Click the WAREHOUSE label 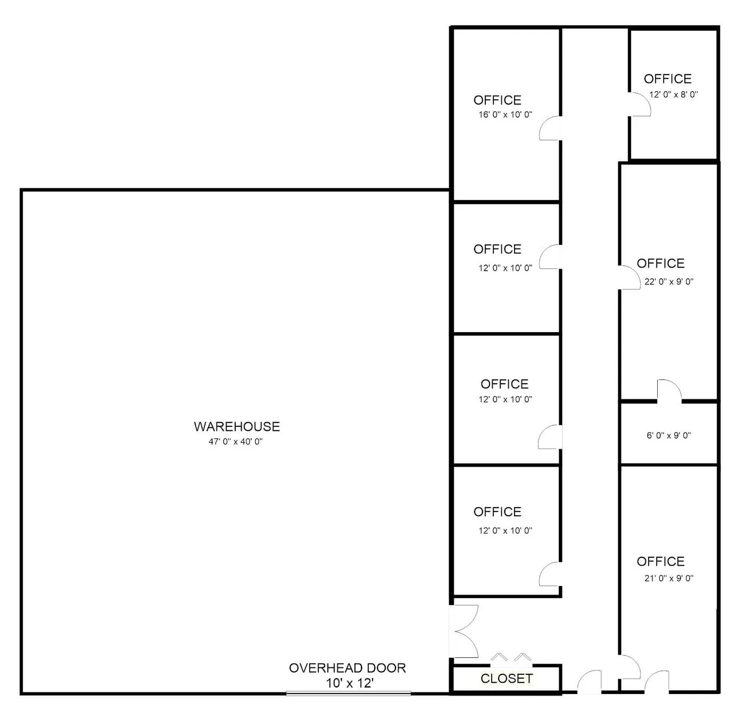tap(237, 426)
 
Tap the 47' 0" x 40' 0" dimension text tap(236, 442)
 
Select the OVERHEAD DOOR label tap(347, 668)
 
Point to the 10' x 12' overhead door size tap(350, 683)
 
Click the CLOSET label tap(506, 679)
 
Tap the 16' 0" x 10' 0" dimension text tap(505, 114)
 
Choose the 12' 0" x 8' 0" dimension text tap(673, 95)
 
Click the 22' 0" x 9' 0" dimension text tap(669, 282)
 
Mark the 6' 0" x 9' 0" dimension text tap(668, 435)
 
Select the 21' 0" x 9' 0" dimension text tap(669, 578)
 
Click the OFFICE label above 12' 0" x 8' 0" tap(667, 79)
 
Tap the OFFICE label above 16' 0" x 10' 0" tap(497, 100)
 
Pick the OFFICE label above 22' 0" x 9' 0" tap(660, 263)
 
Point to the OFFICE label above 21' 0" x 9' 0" tap(660, 561)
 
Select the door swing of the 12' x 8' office tap(640, 104)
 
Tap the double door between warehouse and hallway tap(464, 631)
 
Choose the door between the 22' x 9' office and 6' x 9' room tap(669, 391)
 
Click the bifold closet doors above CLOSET tap(510, 658)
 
